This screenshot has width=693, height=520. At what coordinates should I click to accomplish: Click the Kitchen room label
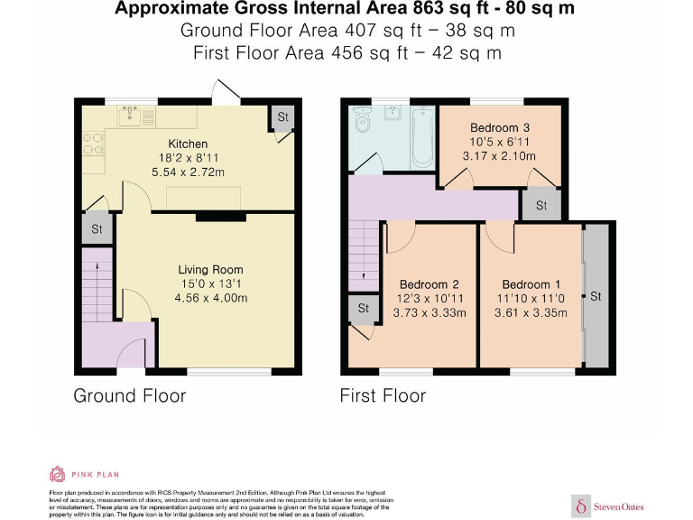click(x=188, y=144)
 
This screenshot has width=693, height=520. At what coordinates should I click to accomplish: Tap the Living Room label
click(x=210, y=270)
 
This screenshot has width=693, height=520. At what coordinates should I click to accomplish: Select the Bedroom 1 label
click(x=531, y=284)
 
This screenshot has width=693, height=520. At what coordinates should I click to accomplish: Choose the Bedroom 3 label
click(x=499, y=127)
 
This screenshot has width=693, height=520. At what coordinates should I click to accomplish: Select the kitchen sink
click(x=133, y=115)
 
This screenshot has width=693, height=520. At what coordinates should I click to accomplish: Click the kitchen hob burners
click(x=94, y=144)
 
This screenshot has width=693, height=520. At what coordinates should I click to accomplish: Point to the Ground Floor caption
click(x=129, y=395)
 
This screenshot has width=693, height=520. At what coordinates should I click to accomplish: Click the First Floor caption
click(x=383, y=395)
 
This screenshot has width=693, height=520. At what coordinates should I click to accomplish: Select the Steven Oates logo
click(x=609, y=506)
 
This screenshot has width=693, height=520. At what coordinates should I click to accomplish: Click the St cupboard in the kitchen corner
click(x=282, y=118)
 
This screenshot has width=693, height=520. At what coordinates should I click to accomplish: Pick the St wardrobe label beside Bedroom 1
click(x=596, y=296)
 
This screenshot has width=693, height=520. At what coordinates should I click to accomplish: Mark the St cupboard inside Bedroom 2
click(x=364, y=309)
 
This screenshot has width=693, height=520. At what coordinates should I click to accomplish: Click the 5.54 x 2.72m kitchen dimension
click(x=188, y=172)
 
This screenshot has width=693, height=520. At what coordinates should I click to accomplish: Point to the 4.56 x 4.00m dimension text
click(x=210, y=298)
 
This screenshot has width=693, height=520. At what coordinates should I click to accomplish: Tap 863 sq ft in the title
click(x=437, y=10)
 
